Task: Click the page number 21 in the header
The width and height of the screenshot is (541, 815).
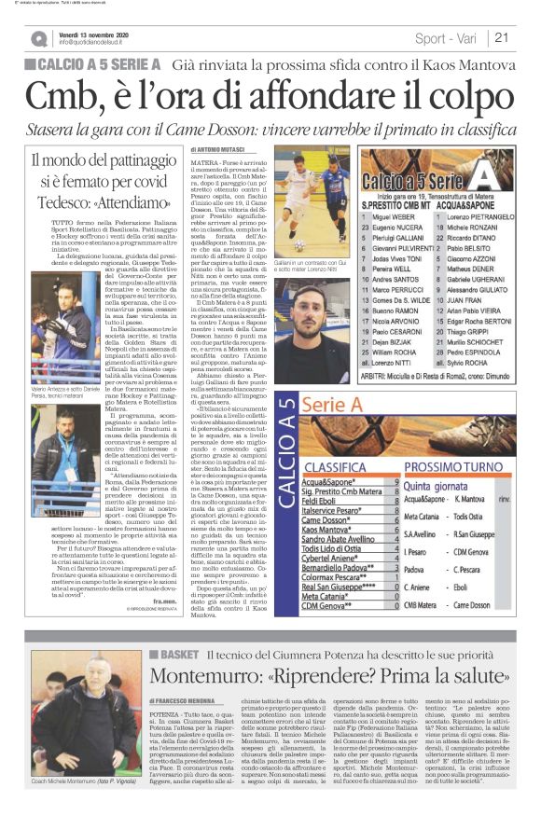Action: pyautogui.click(x=502, y=38)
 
